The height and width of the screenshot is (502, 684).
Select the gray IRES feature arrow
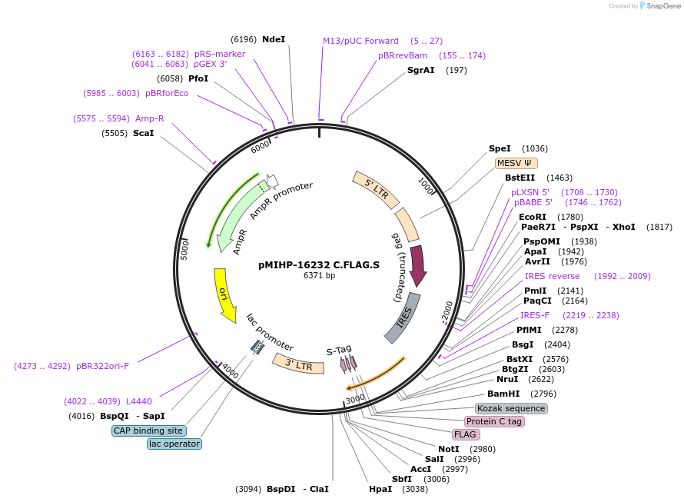pos(403,317)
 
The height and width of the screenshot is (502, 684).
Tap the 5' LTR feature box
pos(376,190)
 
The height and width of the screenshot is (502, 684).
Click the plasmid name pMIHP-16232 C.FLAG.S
pos(319,264)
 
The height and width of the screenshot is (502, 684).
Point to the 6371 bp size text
pos(319,275)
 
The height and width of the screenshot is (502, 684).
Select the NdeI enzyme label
pos(274,39)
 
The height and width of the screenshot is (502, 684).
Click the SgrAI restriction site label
pos(421,70)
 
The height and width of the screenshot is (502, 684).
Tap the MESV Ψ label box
pos(516,163)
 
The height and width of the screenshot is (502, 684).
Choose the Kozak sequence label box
pos(511,408)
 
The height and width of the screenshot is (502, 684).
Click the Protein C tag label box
pos(494,421)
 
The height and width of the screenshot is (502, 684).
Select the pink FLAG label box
pos(466,434)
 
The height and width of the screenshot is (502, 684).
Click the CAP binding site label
pos(148,431)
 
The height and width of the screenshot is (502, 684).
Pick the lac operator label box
pos(174,444)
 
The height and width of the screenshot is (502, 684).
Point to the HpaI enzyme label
pos(380,488)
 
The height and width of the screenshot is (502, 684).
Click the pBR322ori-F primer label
pos(102,366)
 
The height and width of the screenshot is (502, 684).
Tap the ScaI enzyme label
pos(144,133)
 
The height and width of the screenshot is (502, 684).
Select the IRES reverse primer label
pos(553,276)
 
